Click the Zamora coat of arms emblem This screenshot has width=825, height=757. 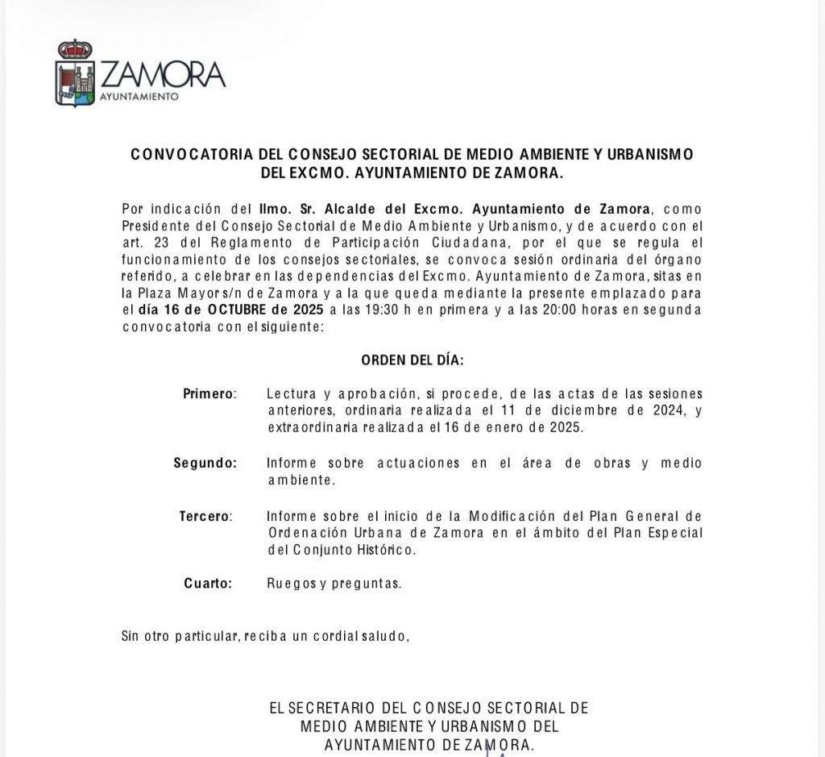(x=75, y=73)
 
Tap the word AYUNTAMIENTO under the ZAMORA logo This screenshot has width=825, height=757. (x=138, y=97)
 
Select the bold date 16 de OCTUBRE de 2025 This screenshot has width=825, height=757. (x=232, y=310)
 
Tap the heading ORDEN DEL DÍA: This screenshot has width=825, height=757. (x=412, y=360)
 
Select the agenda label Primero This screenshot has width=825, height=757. (x=209, y=394)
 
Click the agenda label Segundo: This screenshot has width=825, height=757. (x=205, y=464)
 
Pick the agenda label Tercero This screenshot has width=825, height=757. (x=205, y=516)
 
